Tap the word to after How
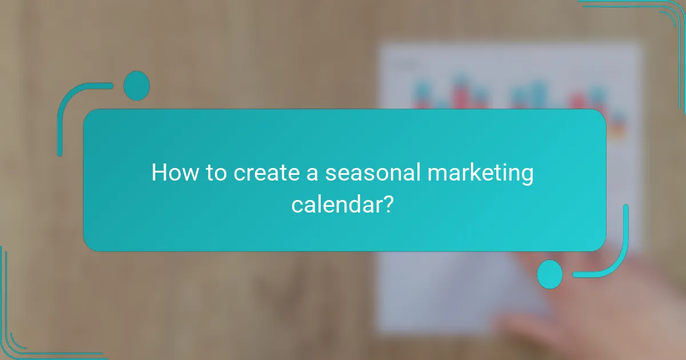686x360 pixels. click(216, 173)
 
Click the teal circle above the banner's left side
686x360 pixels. click(137, 86)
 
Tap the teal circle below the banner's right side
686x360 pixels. click(550, 274)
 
